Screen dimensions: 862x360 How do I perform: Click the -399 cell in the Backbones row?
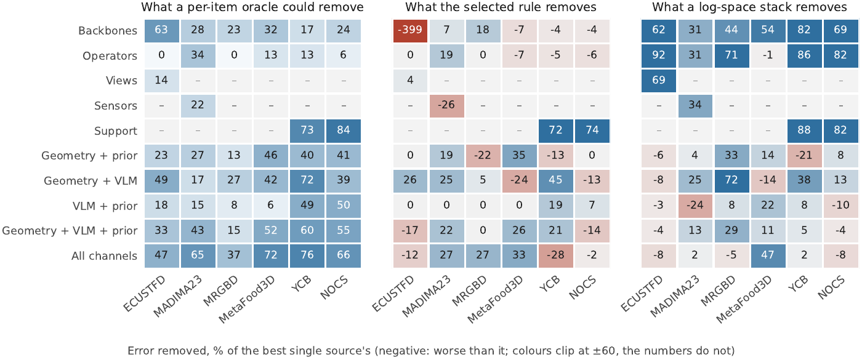pyautogui.click(x=410, y=30)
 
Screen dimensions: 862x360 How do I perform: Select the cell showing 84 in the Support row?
pyautogui.click(x=344, y=130)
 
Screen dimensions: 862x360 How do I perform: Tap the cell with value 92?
pyautogui.click(x=658, y=55)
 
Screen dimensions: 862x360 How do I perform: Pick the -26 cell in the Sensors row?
pyautogui.click(x=446, y=105)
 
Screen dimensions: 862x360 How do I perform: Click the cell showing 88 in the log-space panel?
pyautogui.click(x=804, y=130)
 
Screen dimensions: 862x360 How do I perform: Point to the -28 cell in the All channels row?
pyautogui.click(x=555, y=255)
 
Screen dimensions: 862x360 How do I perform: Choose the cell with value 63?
pyautogui.click(x=161, y=30)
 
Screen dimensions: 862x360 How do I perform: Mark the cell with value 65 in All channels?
pyautogui.click(x=198, y=255)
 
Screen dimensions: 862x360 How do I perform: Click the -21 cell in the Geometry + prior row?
pyautogui.click(x=804, y=155)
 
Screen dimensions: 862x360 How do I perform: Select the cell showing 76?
pyautogui.click(x=307, y=255)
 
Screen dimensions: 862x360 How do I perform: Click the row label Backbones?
pyautogui.click(x=108, y=31)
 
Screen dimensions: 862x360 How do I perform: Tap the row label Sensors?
pyautogui.click(x=116, y=106)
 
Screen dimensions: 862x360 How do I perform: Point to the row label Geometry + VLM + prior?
pyautogui.click(x=70, y=231)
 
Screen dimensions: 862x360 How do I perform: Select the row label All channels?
pyautogui.click(x=104, y=256)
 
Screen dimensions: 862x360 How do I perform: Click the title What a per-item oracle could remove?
pyautogui.click(x=252, y=7)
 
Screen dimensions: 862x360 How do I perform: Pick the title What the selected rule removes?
pyautogui.click(x=501, y=7)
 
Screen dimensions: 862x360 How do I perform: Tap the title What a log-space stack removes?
pyautogui.click(x=750, y=7)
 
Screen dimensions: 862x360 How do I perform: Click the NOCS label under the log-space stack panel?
pyautogui.click(x=831, y=288)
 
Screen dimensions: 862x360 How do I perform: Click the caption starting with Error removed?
pyautogui.click(x=431, y=351)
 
